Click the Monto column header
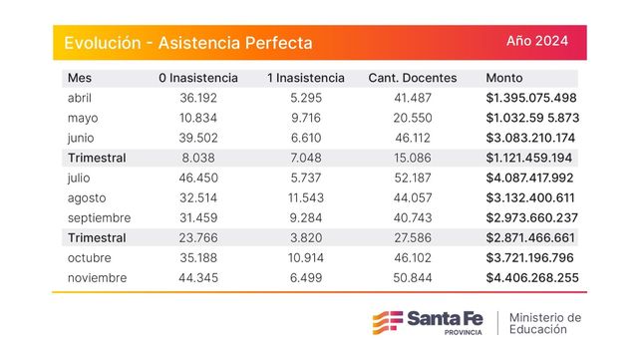[504, 78]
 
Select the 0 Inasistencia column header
[198, 78]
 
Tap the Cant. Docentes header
[413, 78]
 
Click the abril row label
[80, 98]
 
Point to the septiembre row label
[99, 218]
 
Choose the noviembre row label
[97, 278]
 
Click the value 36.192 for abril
[198, 98]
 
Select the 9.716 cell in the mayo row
[306, 118]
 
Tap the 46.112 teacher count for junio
[413, 138]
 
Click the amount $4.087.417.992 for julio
[529, 178]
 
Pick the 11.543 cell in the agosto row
[306, 198]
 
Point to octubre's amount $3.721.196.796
[529, 258]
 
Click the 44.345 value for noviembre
[198, 278]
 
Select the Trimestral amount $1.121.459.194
[529, 158]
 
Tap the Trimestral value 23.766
[198, 238]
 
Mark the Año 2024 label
[537, 41]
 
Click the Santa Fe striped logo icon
[388, 322]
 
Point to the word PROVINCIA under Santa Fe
[463, 333]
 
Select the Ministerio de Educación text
[545, 323]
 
